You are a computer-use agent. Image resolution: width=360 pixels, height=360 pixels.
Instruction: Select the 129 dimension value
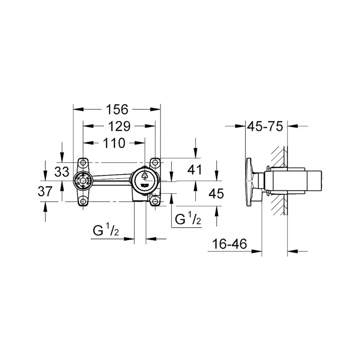click(x=119, y=126)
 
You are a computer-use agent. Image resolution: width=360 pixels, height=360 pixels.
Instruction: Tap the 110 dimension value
click(x=114, y=143)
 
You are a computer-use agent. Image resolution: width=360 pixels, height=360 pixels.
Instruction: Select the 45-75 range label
click(x=265, y=127)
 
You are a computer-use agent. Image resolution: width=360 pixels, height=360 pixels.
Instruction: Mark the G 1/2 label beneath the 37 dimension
click(x=106, y=231)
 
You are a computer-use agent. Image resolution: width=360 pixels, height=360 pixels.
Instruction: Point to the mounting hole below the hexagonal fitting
click(x=83, y=200)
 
